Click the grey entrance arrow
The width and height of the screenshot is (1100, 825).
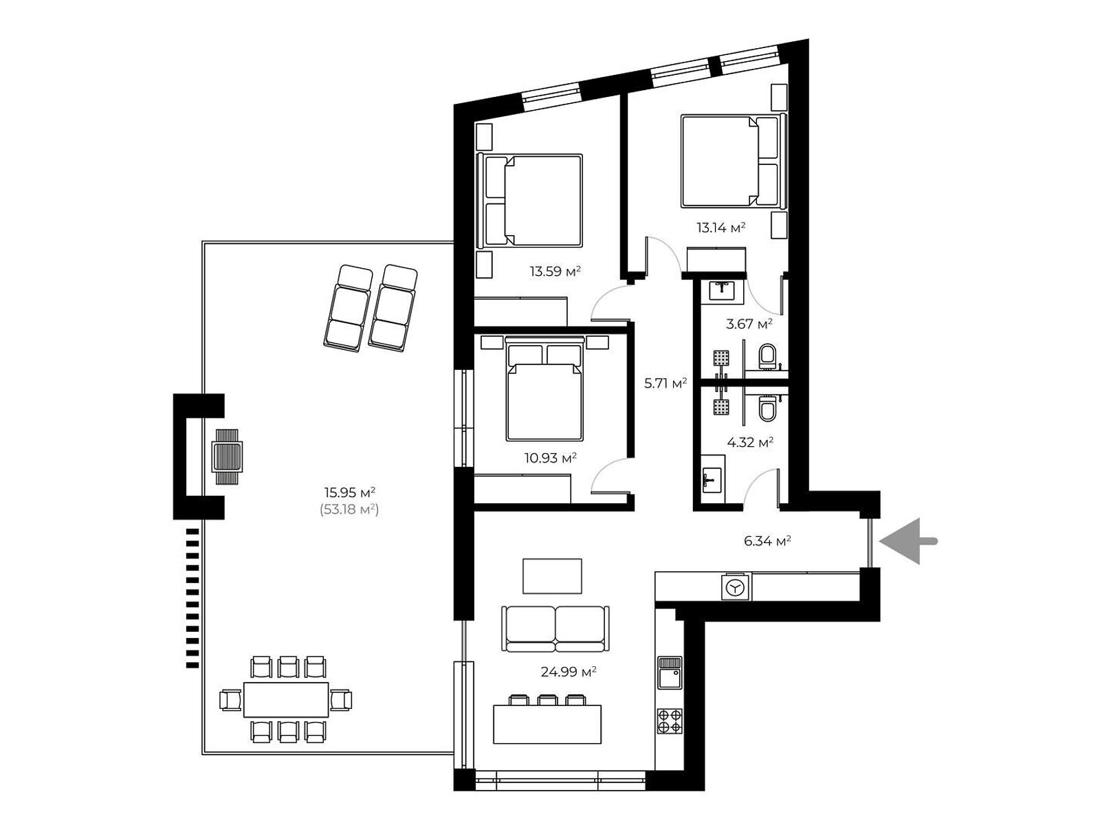pyautogui.click(x=907, y=541)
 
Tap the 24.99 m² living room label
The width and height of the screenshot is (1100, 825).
pyautogui.click(x=569, y=672)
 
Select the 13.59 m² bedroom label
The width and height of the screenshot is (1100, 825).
pyautogui.click(x=555, y=272)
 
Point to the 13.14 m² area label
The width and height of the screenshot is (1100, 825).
pyautogui.click(x=720, y=228)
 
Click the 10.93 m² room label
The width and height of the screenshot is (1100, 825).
pyautogui.click(x=550, y=458)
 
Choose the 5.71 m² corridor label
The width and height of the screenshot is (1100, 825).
pyautogui.click(x=665, y=384)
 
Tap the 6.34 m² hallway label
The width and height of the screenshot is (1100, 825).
pyautogui.click(x=767, y=541)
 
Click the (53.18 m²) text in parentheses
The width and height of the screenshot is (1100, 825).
pyautogui.click(x=349, y=509)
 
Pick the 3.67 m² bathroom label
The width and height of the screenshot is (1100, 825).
pyautogui.click(x=749, y=324)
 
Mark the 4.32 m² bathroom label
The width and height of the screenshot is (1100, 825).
pyautogui.click(x=749, y=443)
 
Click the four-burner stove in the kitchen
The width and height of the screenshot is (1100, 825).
pyautogui.click(x=670, y=720)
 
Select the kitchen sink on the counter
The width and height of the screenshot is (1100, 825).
pyautogui.click(x=670, y=672)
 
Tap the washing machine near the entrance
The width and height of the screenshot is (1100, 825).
pyautogui.click(x=736, y=586)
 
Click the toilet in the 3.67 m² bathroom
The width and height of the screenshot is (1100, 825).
pyautogui.click(x=767, y=356)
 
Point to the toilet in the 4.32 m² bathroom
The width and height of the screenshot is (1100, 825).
pyautogui.click(x=767, y=409)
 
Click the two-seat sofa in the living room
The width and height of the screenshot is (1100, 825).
pyautogui.click(x=555, y=628)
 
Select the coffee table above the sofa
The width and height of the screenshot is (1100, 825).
pyautogui.click(x=552, y=576)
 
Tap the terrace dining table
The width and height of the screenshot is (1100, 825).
pyautogui.click(x=285, y=699)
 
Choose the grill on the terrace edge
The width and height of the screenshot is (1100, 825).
pyautogui.click(x=228, y=456)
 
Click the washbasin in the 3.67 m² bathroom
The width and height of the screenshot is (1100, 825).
pyautogui.click(x=722, y=291)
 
